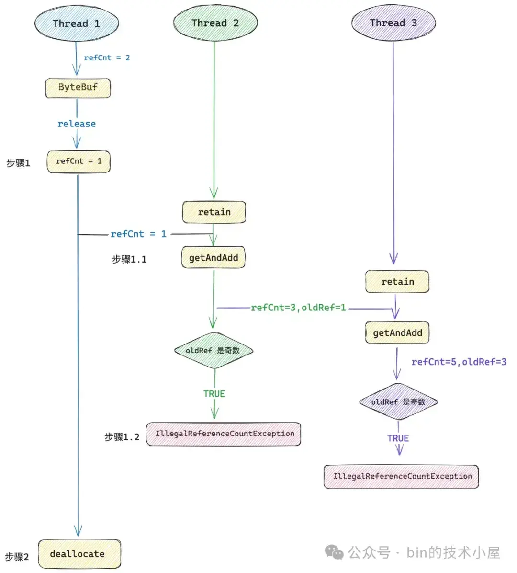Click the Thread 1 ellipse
click(77, 23)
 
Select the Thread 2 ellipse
click(215, 23)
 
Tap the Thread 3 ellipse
click(393, 23)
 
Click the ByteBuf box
click(78, 88)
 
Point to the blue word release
click(77, 124)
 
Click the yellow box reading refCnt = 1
click(79, 161)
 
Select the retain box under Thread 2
click(214, 212)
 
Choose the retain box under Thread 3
click(397, 282)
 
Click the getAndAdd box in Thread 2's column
click(214, 258)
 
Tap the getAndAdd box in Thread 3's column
click(397, 333)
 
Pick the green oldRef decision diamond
click(213, 351)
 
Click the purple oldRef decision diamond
click(398, 402)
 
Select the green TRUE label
click(214, 394)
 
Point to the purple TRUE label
click(398, 438)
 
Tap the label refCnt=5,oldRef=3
click(459, 362)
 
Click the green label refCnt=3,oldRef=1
click(298, 308)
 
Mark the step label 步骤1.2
click(122, 437)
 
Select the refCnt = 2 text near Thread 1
click(107, 58)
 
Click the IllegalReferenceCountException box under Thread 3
click(401, 477)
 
